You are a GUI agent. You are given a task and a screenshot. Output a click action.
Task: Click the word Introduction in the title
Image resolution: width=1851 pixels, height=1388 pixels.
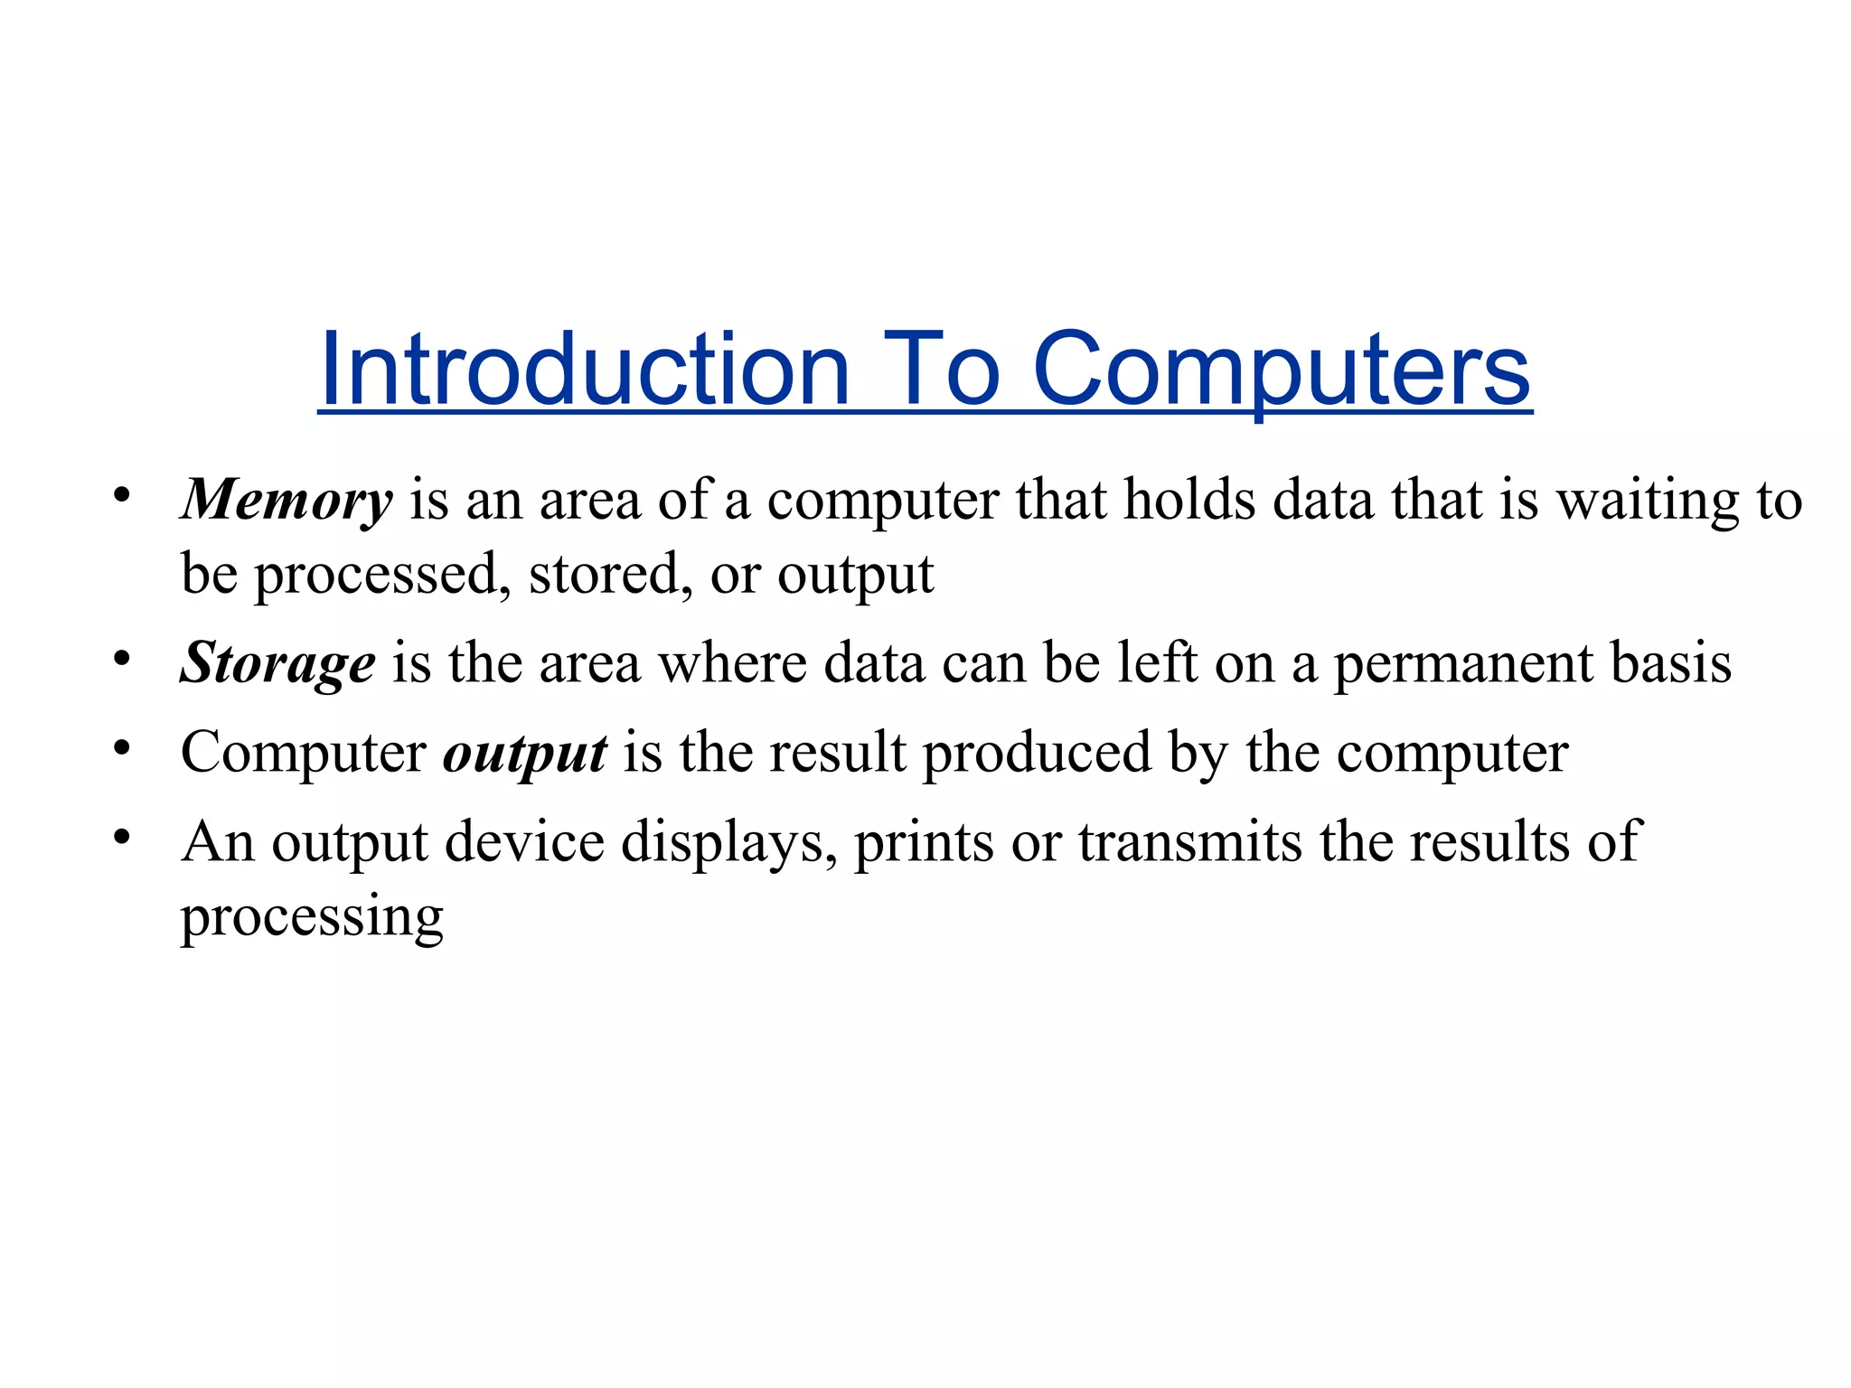tap(585, 369)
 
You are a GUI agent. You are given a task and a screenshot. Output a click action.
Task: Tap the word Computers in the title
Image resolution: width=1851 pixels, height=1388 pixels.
tap(1281, 369)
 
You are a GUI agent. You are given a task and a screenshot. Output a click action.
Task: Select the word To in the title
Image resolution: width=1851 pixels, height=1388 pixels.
tap(940, 369)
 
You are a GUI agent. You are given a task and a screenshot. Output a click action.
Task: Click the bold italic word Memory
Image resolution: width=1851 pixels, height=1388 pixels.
tap(287, 500)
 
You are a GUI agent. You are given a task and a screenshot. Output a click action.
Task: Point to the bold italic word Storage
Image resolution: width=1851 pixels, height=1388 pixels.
tap(277, 662)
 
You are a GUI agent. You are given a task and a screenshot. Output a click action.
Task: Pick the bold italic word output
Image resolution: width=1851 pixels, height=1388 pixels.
tap(524, 753)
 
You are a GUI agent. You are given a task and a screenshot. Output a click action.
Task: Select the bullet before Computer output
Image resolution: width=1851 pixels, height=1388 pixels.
tap(122, 748)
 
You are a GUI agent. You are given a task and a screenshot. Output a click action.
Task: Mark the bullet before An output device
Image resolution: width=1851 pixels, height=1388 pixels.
tap(122, 837)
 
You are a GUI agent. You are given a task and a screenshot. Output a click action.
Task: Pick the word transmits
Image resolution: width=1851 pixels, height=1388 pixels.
tap(1190, 841)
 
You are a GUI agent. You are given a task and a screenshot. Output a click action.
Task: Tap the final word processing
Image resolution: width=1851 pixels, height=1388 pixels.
tap(313, 917)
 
